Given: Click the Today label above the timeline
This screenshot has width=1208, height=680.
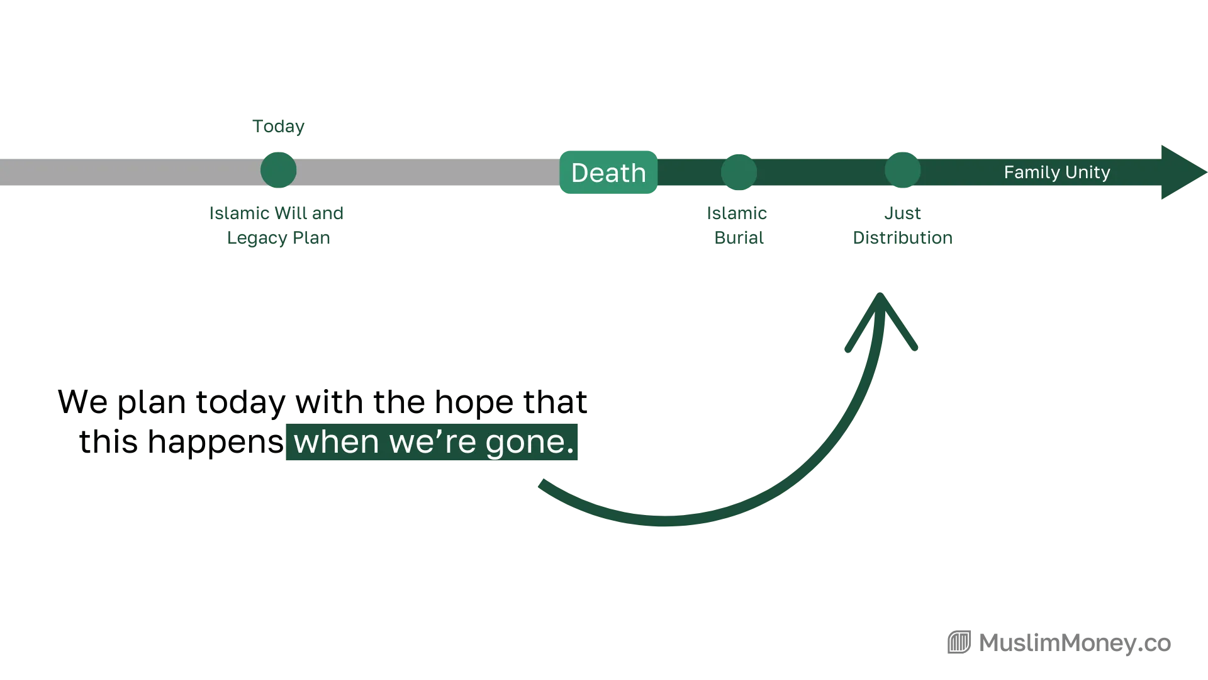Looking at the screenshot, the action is tap(278, 127).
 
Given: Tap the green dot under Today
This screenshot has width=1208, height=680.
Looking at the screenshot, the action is tap(278, 170).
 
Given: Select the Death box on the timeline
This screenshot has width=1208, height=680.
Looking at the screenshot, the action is tap(608, 172).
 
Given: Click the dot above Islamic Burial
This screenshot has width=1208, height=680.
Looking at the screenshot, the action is tap(739, 172).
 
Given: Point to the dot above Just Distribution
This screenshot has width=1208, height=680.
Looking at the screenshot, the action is tap(903, 170).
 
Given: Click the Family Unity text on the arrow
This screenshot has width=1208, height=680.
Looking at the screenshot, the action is tap(1057, 172).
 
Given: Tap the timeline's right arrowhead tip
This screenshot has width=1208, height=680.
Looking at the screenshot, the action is tap(1207, 172).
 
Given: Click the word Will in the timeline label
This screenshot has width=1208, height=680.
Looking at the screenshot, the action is tap(291, 213).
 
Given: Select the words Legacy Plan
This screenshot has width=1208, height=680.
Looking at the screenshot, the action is tap(279, 238).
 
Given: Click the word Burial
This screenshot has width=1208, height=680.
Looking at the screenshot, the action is tap(739, 238).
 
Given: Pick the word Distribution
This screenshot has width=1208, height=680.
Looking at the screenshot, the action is tap(903, 238).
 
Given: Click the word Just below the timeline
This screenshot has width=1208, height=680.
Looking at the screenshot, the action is tap(903, 213).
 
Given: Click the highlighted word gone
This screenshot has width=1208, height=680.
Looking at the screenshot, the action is tap(530, 442).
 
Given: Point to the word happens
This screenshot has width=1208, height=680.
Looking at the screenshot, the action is tap(216, 442).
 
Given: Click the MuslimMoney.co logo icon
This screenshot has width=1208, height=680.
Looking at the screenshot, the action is tap(959, 642).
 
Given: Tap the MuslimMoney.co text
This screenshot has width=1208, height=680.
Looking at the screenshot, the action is tap(1075, 643).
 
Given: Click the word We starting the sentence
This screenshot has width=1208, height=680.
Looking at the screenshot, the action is tap(82, 402).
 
